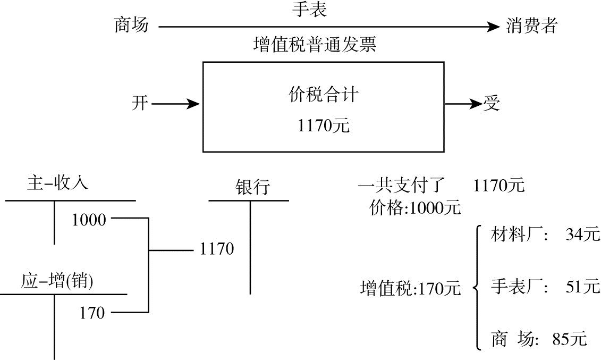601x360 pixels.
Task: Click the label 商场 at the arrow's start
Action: coord(131,25)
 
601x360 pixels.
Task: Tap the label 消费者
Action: coord(531,25)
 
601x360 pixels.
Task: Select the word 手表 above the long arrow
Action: coord(309,9)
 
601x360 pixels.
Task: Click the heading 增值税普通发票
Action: coord(315,45)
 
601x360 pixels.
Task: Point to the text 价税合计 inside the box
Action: coord(323,95)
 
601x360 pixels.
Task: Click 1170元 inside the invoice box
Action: coord(323,126)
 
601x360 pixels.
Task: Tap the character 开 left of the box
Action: coord(140,103)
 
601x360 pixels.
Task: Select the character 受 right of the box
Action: coord(492,103)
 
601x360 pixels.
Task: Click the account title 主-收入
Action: coord(57,183)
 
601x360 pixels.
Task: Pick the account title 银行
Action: coord(252,187)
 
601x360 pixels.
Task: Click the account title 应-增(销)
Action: coord(57,281)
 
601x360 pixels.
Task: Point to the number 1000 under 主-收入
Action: coord(89,220)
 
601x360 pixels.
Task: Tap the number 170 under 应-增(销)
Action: coord(92,313)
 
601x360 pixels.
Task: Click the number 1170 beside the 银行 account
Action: coord(217,248)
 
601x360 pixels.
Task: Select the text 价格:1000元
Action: coord(415,208)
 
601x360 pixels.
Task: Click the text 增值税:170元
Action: coord(410,289)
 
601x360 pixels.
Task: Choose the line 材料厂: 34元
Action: coord(545,235)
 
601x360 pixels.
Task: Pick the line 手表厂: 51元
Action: coord(545,287)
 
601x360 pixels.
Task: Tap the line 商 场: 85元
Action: coord(539,339)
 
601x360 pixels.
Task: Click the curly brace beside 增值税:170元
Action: coord(477,288)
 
